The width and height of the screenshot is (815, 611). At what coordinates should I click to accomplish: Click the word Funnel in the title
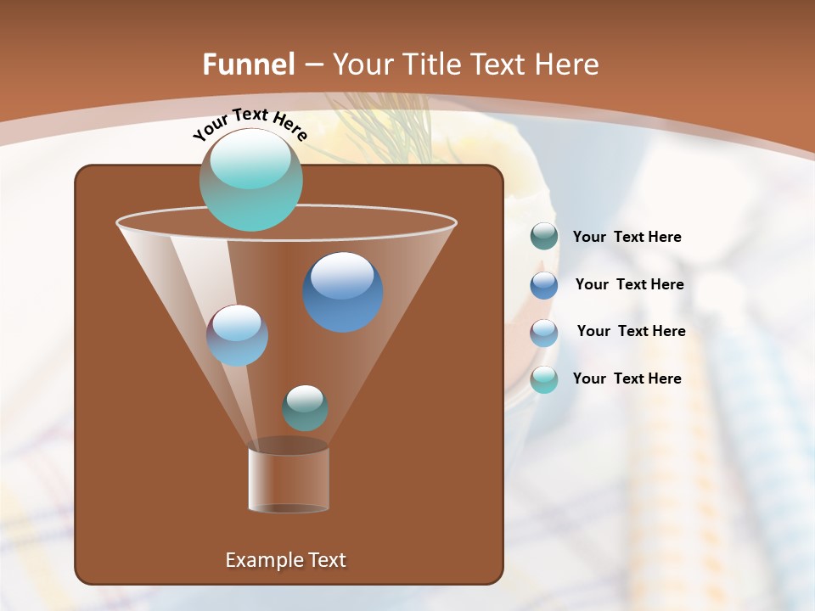click(x=248, y=64)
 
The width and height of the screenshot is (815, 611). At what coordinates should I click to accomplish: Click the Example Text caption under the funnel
click(x=286, y=560)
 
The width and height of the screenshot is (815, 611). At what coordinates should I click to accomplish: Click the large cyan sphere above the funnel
click(x=251, y=180)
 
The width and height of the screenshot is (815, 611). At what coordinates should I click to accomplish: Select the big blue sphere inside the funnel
click(x=342, y=292)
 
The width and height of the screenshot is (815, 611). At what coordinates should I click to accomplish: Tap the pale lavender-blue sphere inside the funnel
click(x=238, y=335)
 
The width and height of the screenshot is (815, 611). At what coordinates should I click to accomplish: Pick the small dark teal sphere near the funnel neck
click(x=305, y=408)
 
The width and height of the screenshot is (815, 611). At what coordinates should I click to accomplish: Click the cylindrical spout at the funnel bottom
click(x=289, y=479)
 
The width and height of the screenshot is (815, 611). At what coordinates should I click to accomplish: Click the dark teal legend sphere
click(x=544, y=237)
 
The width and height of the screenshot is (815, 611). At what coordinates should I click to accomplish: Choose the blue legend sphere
click(x=544, y=285)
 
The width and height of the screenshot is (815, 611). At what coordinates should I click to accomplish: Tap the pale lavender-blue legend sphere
click(x=544, y=333)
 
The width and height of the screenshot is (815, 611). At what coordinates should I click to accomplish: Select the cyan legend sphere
click(x=544, y=379)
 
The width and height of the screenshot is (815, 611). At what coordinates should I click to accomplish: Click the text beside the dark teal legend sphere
click(x=627, y=238)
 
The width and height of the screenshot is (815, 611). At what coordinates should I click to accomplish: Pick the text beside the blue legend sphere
click(x=629, y=285)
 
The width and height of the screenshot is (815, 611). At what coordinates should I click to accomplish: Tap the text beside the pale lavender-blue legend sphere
click(x=631, y=332)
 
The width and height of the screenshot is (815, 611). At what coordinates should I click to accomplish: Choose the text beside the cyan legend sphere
click(x=627, y=379)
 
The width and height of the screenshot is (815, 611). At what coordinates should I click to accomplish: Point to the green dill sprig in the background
click(x=374, y=127)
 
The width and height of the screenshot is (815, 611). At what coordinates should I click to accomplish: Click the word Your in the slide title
click(x=363, y=64)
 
